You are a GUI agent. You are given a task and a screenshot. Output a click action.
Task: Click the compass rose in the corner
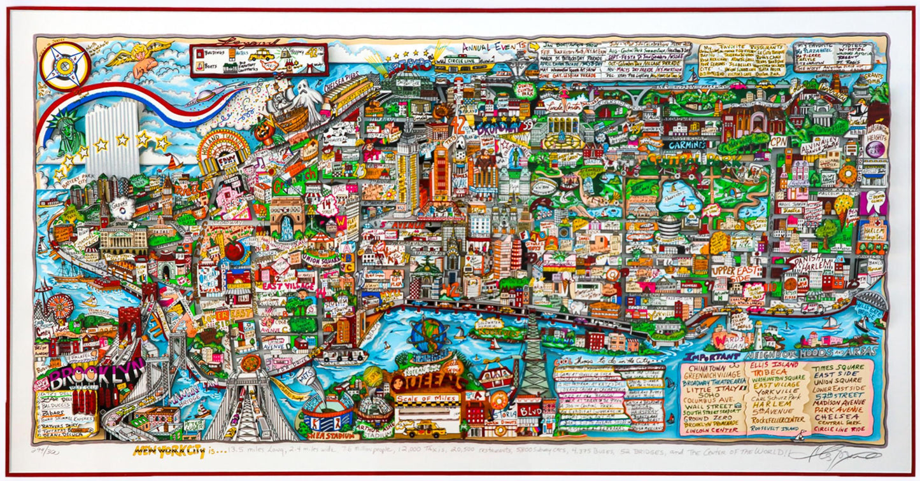coord(64,66)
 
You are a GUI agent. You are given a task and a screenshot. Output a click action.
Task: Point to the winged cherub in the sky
coord(141,57)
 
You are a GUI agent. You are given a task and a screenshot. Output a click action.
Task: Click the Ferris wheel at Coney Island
coord(60,306)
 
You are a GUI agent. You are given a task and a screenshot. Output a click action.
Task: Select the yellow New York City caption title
coord(169,452)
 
